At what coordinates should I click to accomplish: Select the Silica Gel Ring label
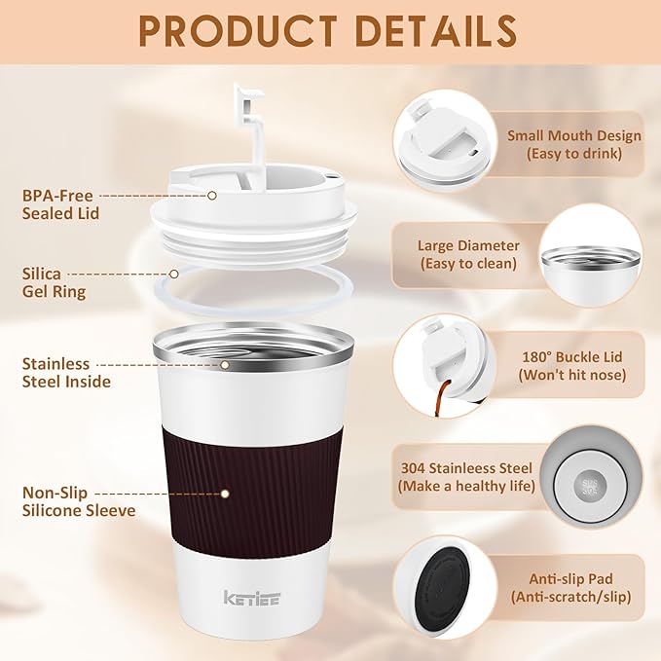coord(55,283)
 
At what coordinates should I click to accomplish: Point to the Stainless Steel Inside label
coord(66,372)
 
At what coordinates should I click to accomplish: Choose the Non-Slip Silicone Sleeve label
coord(78,500)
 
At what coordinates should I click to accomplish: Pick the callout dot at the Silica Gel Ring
coord(175,275)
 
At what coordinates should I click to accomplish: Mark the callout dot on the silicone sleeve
coord(225,494)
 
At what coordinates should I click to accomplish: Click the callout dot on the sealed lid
coord(212,195)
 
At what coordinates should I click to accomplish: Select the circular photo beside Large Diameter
coord(591,255)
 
